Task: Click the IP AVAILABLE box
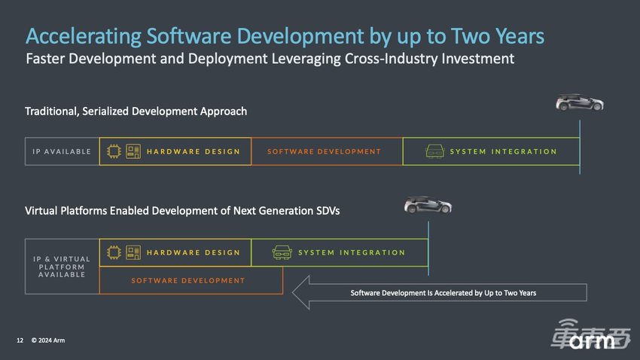[62, 151]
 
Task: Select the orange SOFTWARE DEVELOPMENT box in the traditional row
[327, 151]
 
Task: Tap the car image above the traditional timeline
[580, 102]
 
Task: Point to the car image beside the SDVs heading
[428, 205]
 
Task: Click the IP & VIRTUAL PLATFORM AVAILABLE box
[62, 267]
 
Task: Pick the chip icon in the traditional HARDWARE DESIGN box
[114, 151]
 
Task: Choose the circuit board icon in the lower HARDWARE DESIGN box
[133, 252]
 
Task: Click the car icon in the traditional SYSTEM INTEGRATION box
[434, 151]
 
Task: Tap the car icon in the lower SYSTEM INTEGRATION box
[282, 252]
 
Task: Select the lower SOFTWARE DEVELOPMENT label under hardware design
[188, 281]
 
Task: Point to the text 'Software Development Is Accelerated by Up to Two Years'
[443, 293]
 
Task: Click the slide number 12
[20, 340]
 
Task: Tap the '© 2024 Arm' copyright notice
[48, 340]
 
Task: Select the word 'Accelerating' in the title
[84, 36]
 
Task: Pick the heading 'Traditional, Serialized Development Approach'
[136, 111]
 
